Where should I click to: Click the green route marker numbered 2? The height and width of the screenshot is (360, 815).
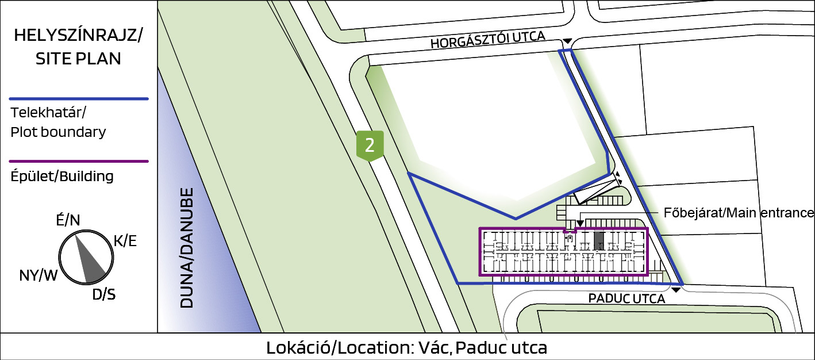click(x=370, y=145)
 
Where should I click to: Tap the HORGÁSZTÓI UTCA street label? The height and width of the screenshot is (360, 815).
click(x=488, y=40)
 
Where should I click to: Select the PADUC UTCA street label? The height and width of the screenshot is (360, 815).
click(x=626, y=299)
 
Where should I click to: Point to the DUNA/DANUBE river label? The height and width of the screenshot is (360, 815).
click(x=187, y=248)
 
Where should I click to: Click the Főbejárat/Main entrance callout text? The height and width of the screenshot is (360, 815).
click(x=739, y=213)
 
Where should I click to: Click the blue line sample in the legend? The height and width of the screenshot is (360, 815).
click(x=79, y=99)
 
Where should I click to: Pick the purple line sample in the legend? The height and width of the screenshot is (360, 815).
click(x=79, y=161)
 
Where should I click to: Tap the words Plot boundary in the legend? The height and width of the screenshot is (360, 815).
click(x=58, y=132)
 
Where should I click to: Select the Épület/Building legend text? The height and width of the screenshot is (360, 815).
click(x=62, y=177)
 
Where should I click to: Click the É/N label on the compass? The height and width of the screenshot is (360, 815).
click(x=68, y=220)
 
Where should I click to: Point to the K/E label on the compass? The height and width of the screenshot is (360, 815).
click(x=125, y=241)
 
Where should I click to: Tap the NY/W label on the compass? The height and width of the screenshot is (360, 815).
click(x=38, y=275)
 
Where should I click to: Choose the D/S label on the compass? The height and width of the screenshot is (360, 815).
click(x=103, y=294)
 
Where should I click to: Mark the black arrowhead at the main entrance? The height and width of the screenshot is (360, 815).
click(x=580, y=223)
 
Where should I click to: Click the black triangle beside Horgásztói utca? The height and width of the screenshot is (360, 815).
click(x=567, y=41)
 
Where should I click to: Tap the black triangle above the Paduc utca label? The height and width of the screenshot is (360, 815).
click(x=676, y=290)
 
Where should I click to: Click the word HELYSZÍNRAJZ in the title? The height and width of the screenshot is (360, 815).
click(x=76, y=35)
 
